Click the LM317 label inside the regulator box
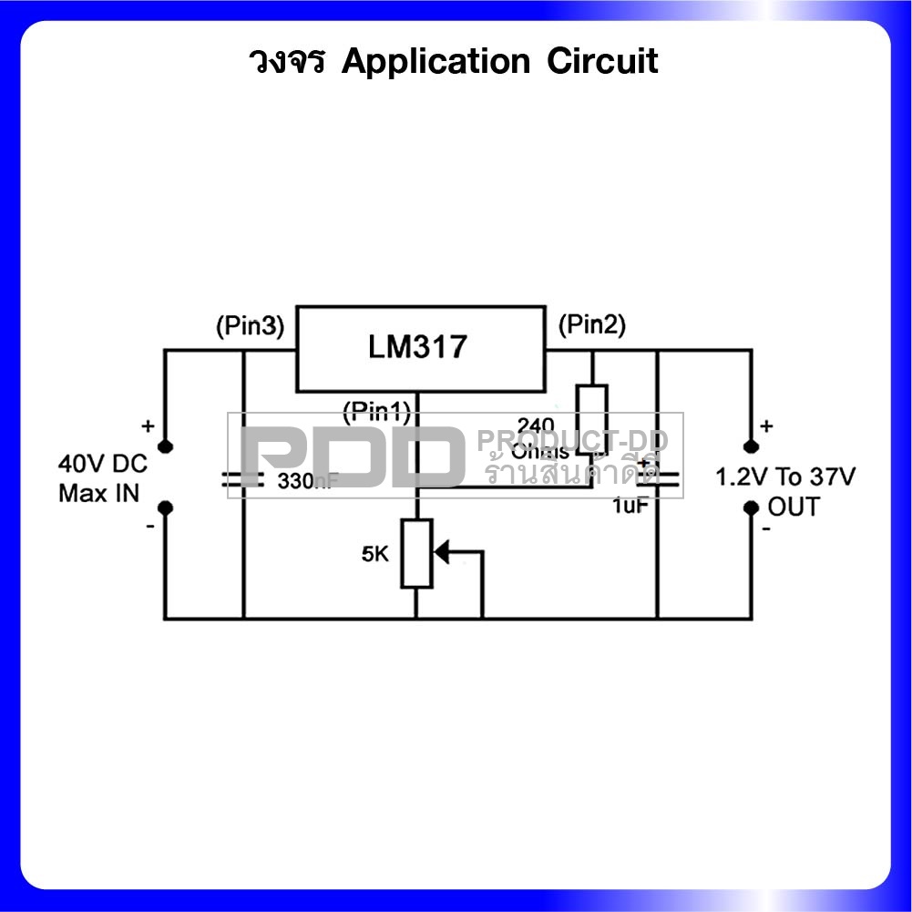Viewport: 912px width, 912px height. [x=418, y=347]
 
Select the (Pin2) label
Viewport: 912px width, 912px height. [x=591, y=325]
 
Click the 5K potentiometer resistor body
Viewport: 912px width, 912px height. [x=416, y=554]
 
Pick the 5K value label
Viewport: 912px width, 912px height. [x=375, y=553]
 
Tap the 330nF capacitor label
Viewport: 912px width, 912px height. [x=308, y=482]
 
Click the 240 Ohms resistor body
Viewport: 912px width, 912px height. [x=591, y=417]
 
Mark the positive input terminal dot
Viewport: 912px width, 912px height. [x=165, y=446]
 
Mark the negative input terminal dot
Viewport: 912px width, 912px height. [x=165, y=507]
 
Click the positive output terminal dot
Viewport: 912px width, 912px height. [x=751, y=446]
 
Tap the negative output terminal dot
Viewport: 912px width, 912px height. [x=751, y=507]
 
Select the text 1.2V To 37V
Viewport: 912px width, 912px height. [x=785, y=477]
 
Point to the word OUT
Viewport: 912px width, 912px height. [x=793, y=507]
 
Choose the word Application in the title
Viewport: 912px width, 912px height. [x=436, y=62]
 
